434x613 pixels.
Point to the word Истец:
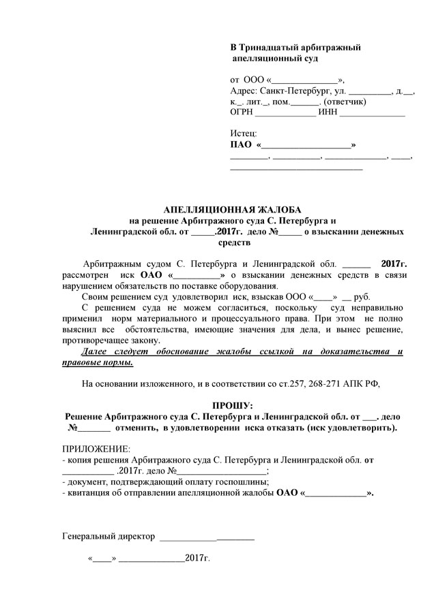pos(244,134)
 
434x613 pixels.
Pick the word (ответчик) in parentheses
pos(345,101)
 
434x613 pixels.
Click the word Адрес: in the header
pos(244,91)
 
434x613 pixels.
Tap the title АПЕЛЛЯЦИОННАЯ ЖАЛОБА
pos(233,210)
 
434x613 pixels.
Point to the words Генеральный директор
pos(108,536)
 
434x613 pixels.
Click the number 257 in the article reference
pos(294,383)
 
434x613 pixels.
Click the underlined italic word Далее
pos(94,351)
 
